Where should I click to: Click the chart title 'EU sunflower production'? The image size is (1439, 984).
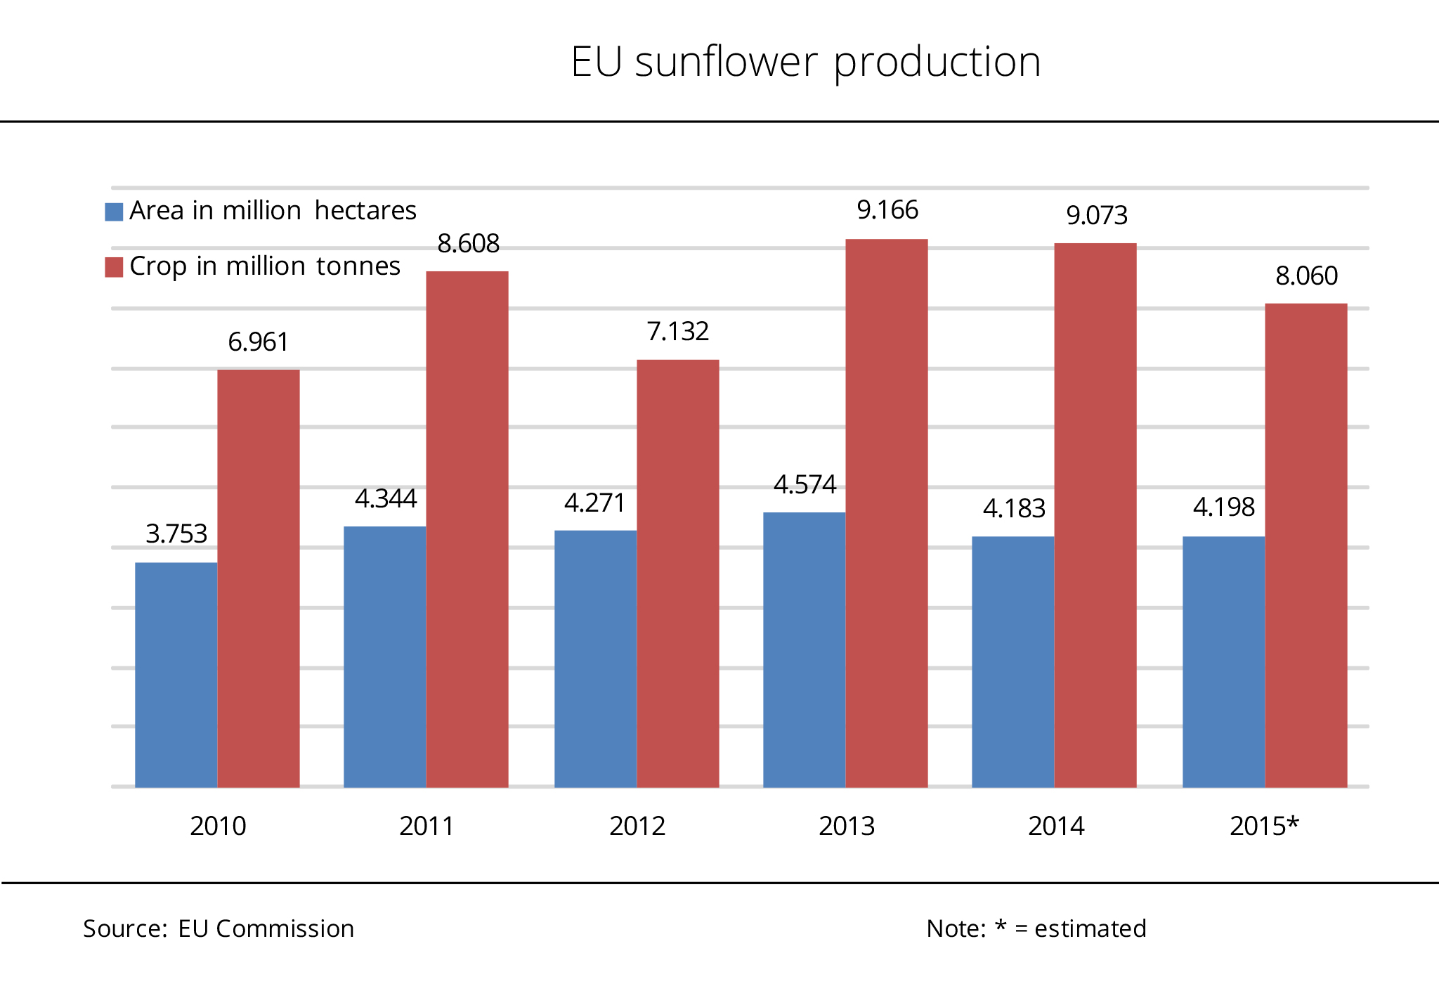(x=805, y=62)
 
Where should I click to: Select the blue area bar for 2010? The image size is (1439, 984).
(x=176, y=674)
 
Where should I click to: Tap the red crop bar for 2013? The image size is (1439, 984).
(x=886, y=513)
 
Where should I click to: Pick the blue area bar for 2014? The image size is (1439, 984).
(x=1012, y=661)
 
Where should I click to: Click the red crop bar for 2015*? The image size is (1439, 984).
(x=1305, y=545)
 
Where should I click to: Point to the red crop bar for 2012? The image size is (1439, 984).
(x=677, y=573)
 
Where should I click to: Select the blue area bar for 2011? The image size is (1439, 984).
(x=384, y=656)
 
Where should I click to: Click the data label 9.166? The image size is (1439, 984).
(x=887, y=210)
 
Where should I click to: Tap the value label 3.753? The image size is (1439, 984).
(x=176, y=534)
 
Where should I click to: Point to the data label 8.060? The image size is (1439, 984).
(x=1306, y=276)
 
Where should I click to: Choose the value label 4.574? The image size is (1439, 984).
(x=805, y=485)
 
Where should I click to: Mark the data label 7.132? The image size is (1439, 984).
(x=677, y=332)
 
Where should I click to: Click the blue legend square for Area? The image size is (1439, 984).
(x=114, y=212)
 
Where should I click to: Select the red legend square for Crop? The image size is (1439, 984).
(x=114, y=267)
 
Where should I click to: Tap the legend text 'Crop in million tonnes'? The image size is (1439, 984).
(x=265, y=266)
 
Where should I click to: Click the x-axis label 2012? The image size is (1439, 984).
(x=637, y=826)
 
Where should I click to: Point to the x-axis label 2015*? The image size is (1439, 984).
(x=1264, y=826)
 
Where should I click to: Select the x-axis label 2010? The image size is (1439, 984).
(x=218, y=826)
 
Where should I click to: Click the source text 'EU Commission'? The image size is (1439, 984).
(x=266, y=928)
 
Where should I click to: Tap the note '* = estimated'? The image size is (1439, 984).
(x=1070, y=928)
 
